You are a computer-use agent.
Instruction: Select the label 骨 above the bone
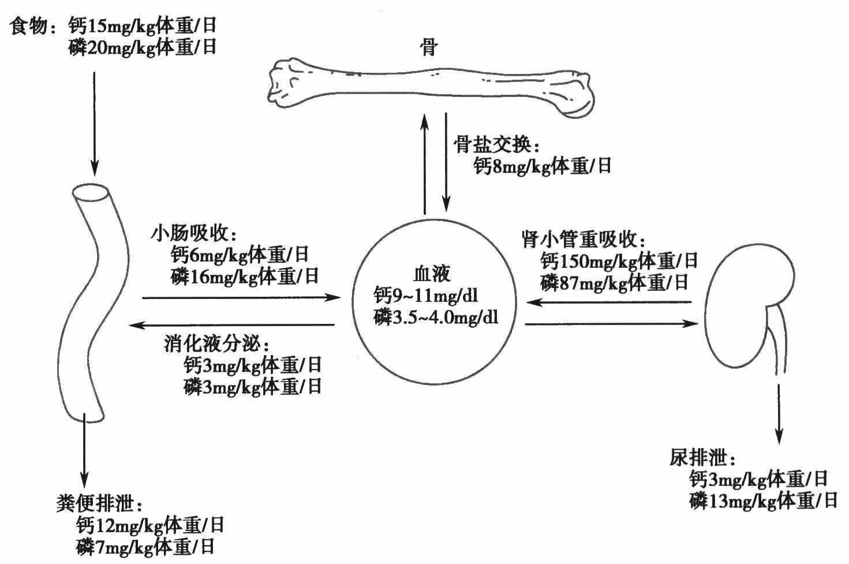tap(429, 47)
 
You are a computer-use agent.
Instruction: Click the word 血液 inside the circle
tap(432, 274)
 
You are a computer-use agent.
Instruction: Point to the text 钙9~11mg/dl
tap(425, 295)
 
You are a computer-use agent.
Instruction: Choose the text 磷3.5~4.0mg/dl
tap(436, 318)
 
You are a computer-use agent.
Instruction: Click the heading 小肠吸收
tap(194, 233)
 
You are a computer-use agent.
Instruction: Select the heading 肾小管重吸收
tap(583, 239)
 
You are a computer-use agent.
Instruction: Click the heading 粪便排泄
tap(99, 504)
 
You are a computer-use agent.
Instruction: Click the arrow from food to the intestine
tap(95, 124)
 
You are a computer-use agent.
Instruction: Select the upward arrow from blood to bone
tap(425, 163)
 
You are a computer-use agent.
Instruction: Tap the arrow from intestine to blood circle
tap(241, 297)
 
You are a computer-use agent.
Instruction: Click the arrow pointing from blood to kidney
tap(611, 324)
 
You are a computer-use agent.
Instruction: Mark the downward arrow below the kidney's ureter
tap(779, 414)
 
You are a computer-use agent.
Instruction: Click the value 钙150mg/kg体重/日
tap(619, 261)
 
